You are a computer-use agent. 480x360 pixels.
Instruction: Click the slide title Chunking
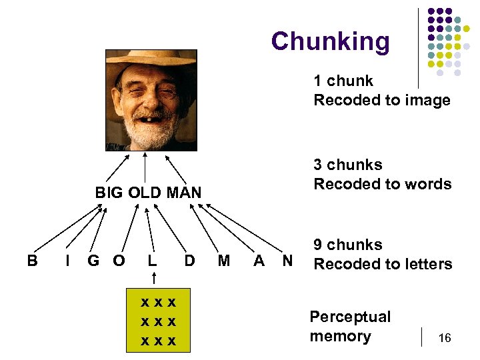(x=330, y=41)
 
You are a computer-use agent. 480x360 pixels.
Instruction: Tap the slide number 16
(x=445, y=339)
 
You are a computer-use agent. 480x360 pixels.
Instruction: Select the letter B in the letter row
(x=32, y=261)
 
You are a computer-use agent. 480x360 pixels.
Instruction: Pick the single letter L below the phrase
(x=153, y=261)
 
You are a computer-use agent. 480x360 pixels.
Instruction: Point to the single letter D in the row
(x=189, y=261)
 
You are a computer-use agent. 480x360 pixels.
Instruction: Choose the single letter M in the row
(x=224, y=261)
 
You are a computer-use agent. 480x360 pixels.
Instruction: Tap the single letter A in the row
(x=259, y=261)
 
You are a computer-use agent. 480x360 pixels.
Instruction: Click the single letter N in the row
(x=287, y=261)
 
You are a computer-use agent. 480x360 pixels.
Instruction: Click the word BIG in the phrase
(x=109, y=193)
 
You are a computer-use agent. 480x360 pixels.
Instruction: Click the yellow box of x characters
(x=159, y=321)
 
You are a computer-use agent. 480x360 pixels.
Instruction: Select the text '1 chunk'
(x=343, y=81)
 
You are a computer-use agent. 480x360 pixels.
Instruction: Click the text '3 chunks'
(x=348, y=165)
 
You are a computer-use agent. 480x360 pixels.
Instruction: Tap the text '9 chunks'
(x=348, y=245)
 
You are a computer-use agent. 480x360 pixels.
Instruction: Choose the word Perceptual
(x=350, y=317)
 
